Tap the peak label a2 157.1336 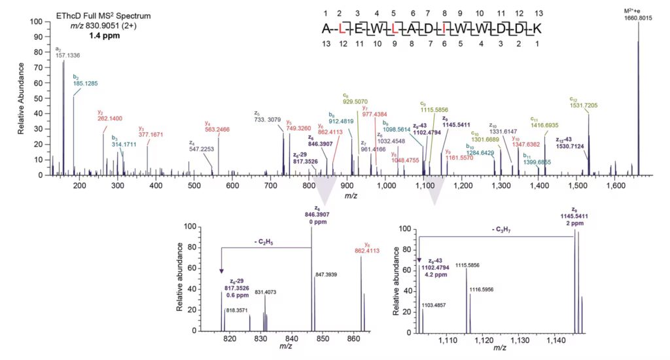tap(63, 53)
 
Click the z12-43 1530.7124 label tap(570, 143)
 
